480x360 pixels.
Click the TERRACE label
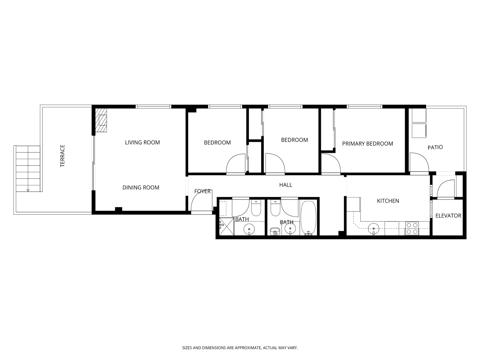(x=62, y=156)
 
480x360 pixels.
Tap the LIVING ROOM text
(x=142, y=142)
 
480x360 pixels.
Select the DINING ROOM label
(x=141, y=187)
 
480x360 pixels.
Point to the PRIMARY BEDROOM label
(x=367, y=144)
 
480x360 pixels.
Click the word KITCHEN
(x=388, y=201)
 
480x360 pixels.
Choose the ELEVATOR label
(x=448, y=216)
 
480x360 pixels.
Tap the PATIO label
(x=435, y=147)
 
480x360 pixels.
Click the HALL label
(x=286, y=185)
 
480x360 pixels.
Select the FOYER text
(x=202, y=191)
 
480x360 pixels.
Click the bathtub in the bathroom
(x=308, y=217)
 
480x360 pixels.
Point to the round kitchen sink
(x=373, y=229)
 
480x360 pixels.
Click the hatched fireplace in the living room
(x=101, y=120)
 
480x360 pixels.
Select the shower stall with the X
(x=226, y=226)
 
